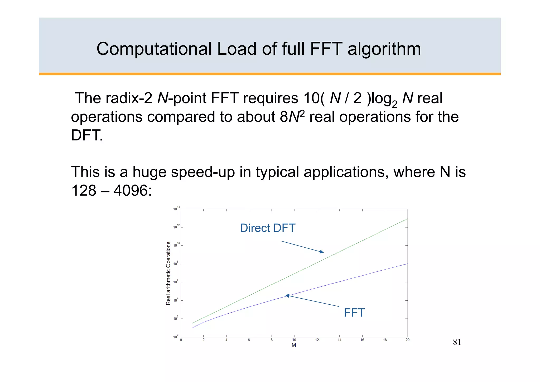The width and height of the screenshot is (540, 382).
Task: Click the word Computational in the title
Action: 154,49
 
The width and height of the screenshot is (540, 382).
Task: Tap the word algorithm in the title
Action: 384,49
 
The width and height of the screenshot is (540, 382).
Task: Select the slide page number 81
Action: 457,342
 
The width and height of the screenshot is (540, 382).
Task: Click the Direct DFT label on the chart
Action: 267,228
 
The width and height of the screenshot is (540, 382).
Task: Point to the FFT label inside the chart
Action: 354,313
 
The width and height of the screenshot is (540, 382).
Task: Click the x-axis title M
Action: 294,345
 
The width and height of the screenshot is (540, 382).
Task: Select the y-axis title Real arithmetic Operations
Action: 168,273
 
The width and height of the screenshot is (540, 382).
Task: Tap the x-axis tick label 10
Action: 294,340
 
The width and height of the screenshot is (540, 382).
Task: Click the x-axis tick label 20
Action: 407,340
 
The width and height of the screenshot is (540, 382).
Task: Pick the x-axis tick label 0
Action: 181,340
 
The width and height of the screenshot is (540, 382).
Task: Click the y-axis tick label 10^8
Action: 176,263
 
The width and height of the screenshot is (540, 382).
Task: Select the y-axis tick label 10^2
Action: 176,318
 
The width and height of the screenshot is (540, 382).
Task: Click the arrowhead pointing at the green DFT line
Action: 321,252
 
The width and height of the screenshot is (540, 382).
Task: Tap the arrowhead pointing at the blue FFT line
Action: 288,296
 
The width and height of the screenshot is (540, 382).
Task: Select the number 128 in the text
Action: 84,190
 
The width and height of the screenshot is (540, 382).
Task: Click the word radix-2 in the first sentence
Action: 129,98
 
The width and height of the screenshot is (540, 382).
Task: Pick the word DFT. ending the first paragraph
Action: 87,135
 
